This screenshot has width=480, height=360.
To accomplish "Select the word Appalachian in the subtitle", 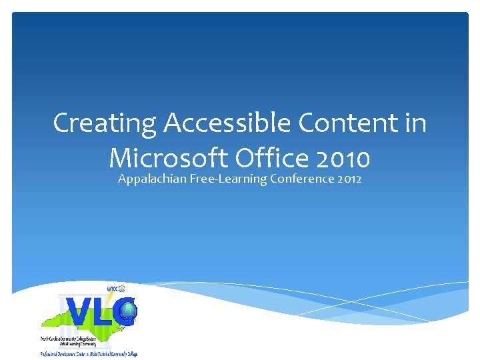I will coord(152,179).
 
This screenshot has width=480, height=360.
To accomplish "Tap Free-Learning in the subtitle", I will coord(229,179).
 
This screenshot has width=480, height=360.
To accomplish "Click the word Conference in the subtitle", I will coord(302,179).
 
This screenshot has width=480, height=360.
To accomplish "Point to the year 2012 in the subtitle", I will coord(349,179).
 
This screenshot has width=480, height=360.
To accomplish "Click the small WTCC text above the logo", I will coord(114,289).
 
